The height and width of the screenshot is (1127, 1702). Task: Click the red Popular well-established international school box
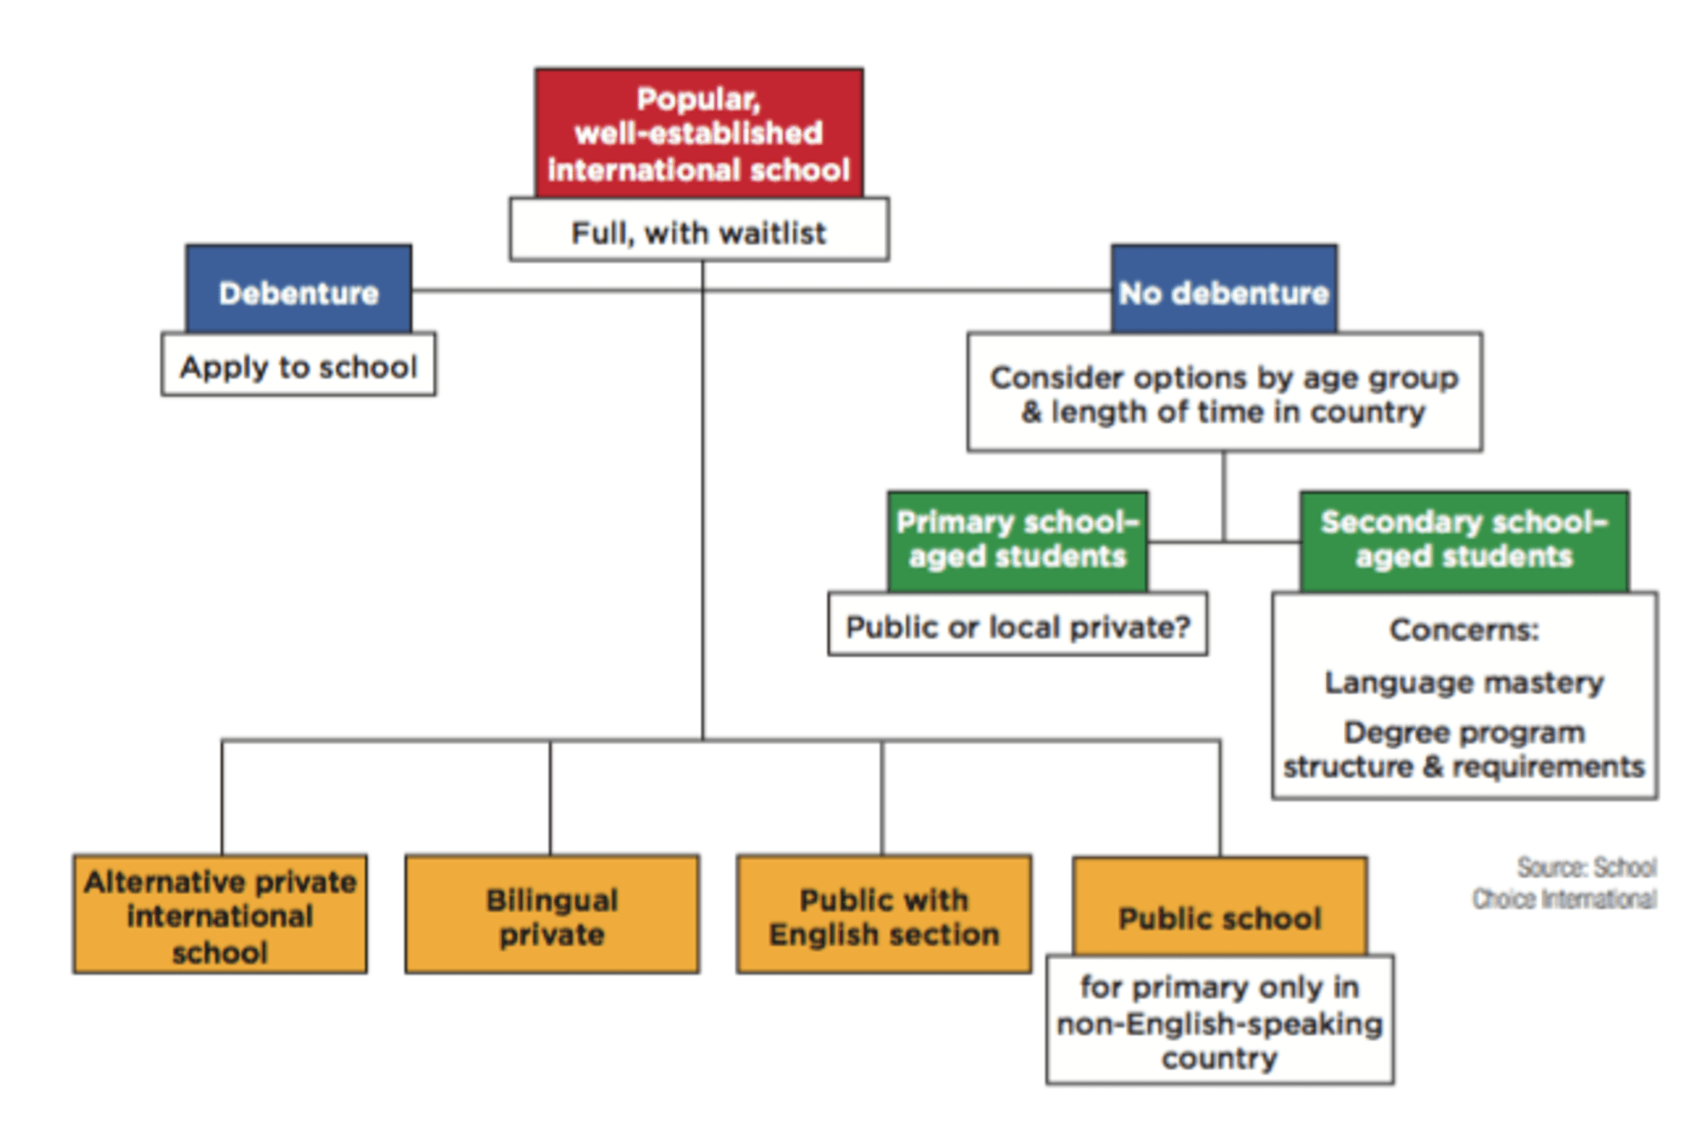(699, 134)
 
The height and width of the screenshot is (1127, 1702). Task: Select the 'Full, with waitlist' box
(699, 230)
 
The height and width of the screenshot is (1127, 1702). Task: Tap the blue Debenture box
(299, 289)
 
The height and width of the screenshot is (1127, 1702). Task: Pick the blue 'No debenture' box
(1224, 289)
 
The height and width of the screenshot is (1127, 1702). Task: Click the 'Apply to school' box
(299, 364)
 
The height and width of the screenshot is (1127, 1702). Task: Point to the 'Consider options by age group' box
(1225, 392)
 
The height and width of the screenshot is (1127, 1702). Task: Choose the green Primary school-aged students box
(1018, 541)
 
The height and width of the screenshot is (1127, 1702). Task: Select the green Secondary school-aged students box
(1465, 541)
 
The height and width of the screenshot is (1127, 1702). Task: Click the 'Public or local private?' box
(1018, 624)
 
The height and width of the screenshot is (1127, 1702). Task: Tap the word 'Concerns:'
(1465, 630)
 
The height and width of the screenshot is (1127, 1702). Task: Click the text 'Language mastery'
(1465, 683)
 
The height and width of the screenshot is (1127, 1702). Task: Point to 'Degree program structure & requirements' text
(1465, 750)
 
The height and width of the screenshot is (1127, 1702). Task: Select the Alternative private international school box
(220, 914)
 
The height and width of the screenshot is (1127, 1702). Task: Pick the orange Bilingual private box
(552, 914)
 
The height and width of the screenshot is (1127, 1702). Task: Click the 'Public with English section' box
(884, 914)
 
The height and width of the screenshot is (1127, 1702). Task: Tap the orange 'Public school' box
(1220, 907)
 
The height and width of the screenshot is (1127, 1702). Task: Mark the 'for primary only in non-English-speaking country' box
(1220, 1020)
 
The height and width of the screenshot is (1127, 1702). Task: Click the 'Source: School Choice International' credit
(1565, 883)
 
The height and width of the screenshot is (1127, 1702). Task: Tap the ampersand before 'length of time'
(1031, 412)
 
